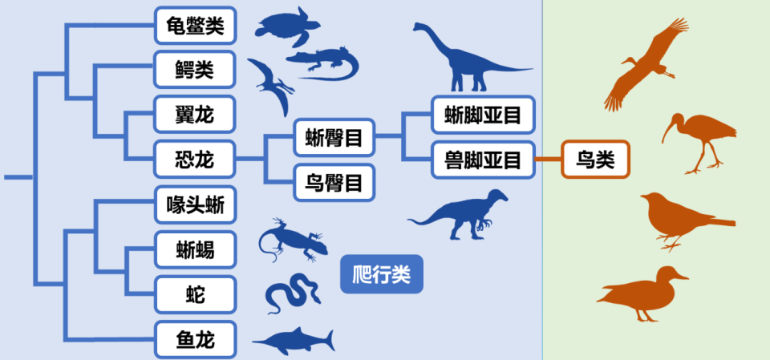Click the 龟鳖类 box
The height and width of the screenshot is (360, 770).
(195, 26)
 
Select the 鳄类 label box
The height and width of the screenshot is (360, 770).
(195, 70)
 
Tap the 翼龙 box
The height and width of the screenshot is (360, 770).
(195, 114)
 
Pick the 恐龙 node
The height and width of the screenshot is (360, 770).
(195, 159)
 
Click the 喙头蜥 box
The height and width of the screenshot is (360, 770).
(195, 205)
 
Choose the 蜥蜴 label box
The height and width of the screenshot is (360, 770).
(195, 249)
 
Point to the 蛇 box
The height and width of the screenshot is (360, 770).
(195, 294)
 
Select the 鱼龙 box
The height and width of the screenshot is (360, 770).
(195, 338)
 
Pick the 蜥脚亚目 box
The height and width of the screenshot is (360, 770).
(483, 115)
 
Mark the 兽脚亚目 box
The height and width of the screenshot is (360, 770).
(483, 160)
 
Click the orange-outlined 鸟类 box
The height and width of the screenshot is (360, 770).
(595, 160)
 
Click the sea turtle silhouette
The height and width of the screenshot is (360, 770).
(283, 26)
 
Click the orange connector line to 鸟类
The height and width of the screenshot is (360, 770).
(547, 160)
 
